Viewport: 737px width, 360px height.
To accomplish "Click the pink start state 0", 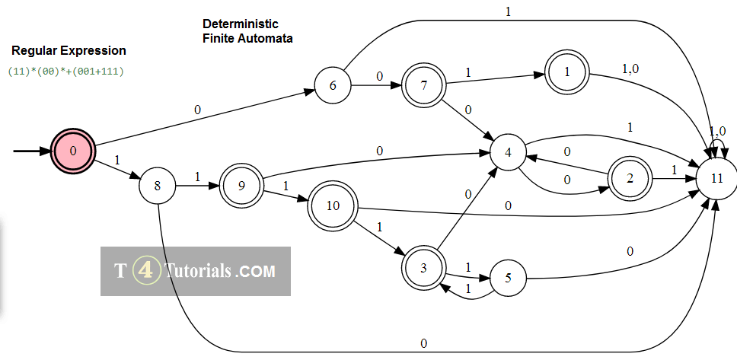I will pos(72,151).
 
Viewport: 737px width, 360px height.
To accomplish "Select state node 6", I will pos(333,85).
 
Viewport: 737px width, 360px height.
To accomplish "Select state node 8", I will pos(158,186).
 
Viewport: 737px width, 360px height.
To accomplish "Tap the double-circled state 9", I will pos(241,186).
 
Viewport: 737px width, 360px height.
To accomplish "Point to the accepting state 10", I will pos(332,205).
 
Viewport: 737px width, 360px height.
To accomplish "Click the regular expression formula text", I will pos(65,71).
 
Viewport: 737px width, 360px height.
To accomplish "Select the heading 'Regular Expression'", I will pos(69,51).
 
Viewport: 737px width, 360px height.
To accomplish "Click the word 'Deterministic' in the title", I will pos(241,24).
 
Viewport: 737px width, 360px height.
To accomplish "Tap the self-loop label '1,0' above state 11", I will pos(717,131).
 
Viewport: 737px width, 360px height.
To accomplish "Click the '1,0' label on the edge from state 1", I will pos(631,68).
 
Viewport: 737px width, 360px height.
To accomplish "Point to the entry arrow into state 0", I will pos(32,151).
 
